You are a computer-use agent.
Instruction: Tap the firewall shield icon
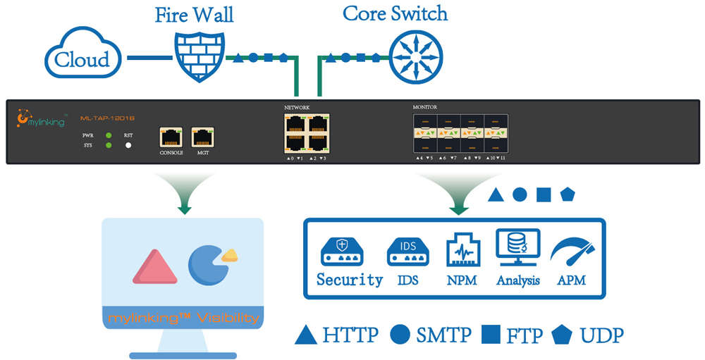200,55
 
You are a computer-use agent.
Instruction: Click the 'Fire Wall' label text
194,15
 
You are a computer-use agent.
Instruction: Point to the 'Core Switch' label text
395,13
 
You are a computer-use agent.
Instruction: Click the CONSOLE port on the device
172,137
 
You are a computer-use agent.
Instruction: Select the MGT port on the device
203,137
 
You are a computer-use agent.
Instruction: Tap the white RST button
128,146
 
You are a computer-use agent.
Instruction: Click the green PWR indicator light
109,135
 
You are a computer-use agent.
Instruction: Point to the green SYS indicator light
109,146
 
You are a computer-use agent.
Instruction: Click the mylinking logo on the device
42,119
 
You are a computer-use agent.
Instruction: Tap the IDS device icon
407,252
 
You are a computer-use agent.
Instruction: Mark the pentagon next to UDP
564,335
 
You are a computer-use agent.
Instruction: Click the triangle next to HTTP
305,335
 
